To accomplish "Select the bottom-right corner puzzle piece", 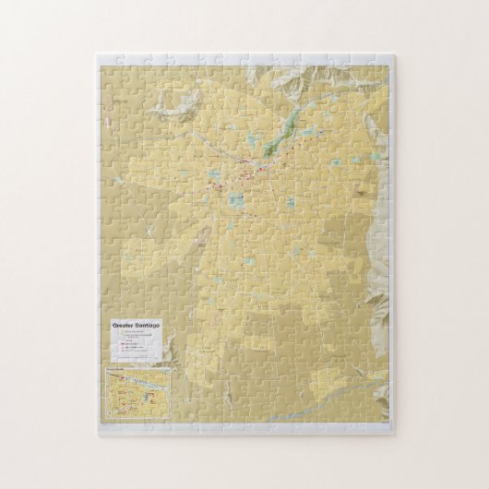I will coord(383,425).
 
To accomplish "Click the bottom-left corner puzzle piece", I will coord(107,425).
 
